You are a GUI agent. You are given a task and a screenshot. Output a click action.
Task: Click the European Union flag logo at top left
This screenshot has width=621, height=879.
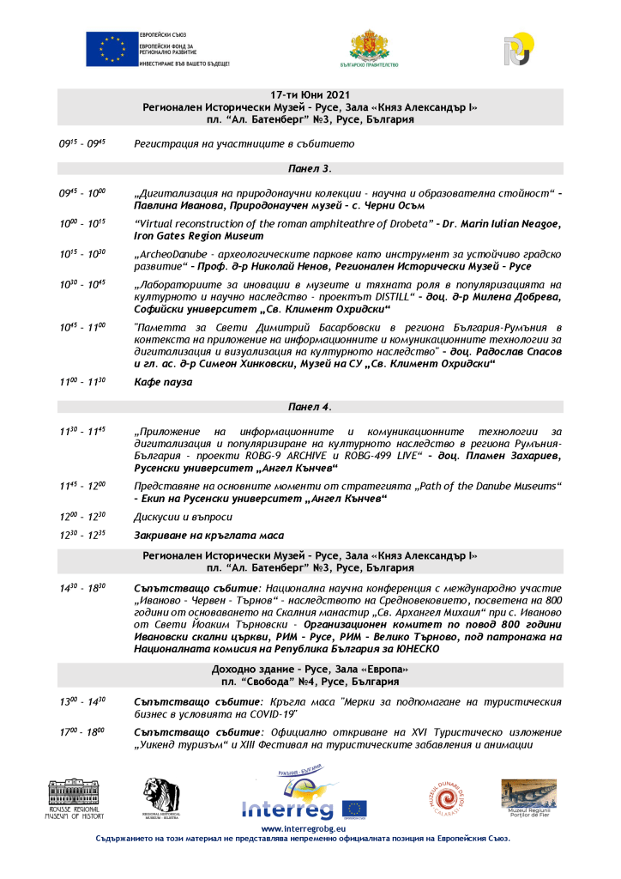[x=112, y=49]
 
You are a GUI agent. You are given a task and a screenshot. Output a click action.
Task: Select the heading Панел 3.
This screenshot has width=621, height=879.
[x=310, y=168]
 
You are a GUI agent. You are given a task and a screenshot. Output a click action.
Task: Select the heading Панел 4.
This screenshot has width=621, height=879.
[x=310, y=406]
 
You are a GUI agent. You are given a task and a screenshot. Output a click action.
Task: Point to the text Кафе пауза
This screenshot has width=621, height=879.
[x=163, y=382]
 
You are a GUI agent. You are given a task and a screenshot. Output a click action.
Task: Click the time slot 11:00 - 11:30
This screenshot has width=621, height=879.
[x=82, y=382]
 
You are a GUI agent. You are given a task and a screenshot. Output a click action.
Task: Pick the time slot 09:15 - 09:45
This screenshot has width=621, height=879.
[x=82, y=144]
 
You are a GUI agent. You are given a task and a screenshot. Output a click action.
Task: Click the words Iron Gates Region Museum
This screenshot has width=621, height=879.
[x=199, y=235]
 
